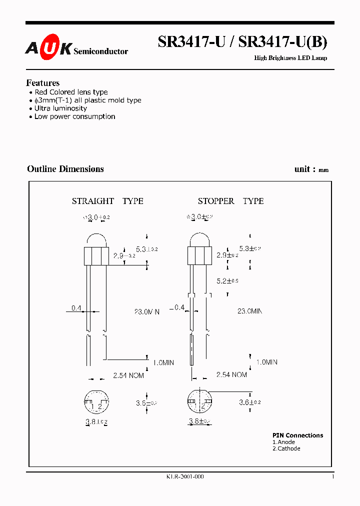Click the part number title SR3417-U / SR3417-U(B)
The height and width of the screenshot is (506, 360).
pos(242,42)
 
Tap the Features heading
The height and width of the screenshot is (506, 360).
pos(43,83)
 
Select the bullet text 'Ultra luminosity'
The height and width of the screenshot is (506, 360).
pos(60,108)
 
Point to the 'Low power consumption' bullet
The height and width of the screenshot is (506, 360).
pos(74,116)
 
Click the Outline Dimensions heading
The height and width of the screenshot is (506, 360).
pos(65,169)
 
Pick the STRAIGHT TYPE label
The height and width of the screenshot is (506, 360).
pos(107,201)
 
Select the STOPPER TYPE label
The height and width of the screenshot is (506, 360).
pos(230,201)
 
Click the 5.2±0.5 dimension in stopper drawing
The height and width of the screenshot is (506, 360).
pos(227,280)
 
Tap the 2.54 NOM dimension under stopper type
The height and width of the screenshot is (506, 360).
pos(231,374)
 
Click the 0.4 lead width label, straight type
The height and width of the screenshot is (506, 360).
pos(76,308)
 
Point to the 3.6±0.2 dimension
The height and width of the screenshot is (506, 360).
pos(250,402)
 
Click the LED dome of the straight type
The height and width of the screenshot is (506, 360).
pos(96,240)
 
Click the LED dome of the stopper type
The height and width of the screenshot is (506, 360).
pos(199,240)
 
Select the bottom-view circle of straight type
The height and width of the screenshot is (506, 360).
pos(96,402)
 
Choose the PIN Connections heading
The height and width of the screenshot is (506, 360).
pos(297,435)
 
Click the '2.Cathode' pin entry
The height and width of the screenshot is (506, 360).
pos(286,448)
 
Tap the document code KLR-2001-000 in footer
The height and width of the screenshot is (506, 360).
pos(185,476)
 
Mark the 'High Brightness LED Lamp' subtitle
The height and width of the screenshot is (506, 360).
pos(290,58)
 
